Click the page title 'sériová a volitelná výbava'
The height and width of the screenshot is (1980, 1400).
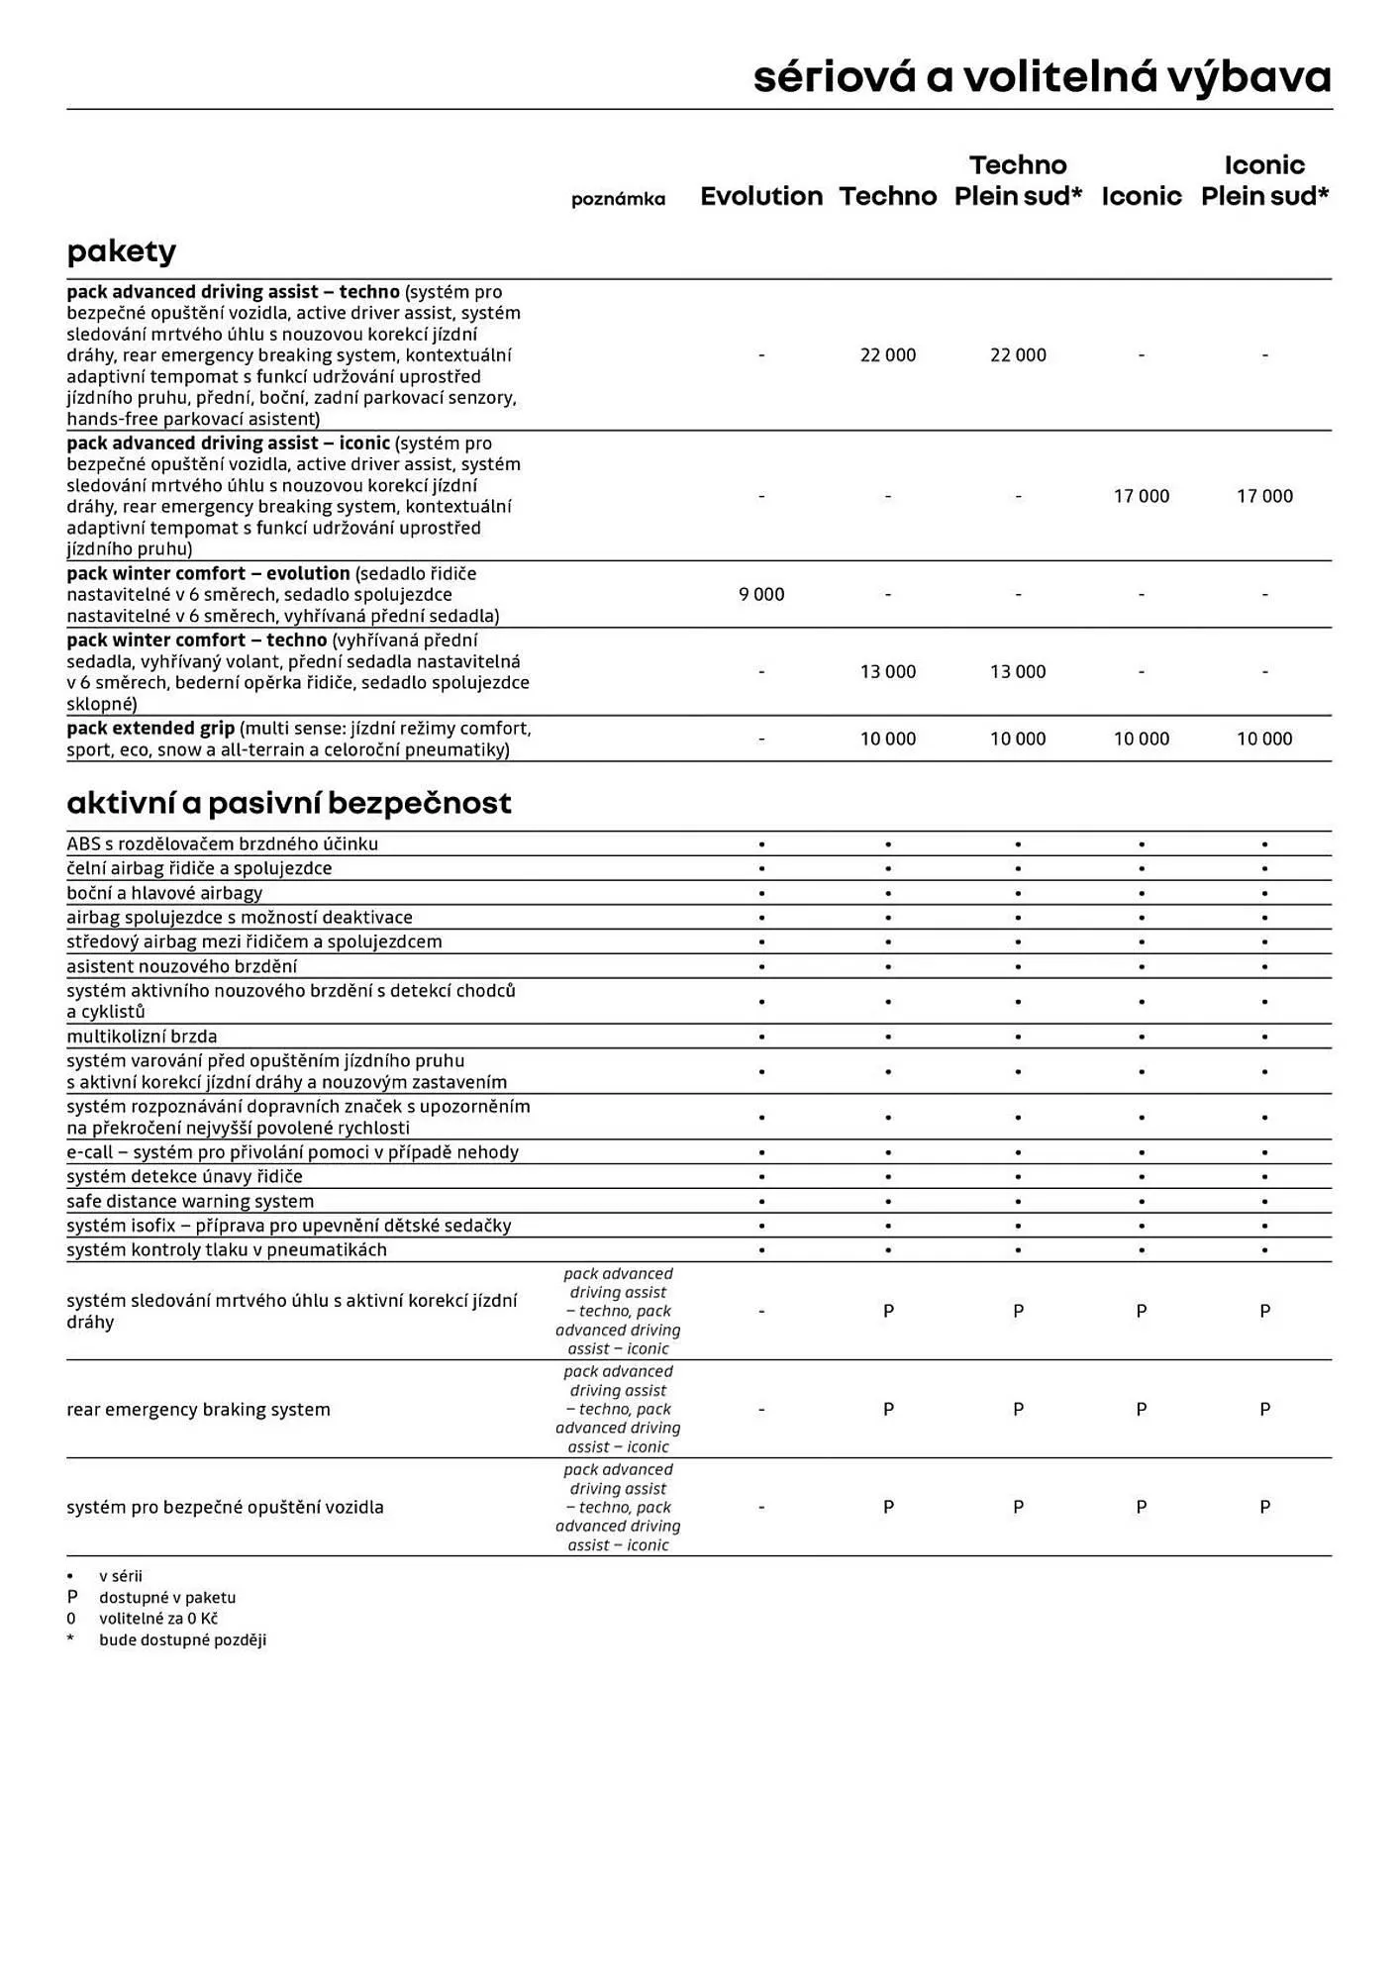pyautogui.click(x=1042, y=77)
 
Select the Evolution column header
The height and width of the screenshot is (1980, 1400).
pyautogui.click(x=761, y=196)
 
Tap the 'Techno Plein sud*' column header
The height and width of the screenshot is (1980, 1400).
pyautogui.click(x=1018, y=180)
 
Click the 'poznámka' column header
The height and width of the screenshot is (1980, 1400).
pyautogui.click(x=618, y=199)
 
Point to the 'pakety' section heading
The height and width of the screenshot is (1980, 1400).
pyautogui.click(x=121, y=251)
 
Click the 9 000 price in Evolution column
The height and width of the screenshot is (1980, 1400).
pyautogui.click(x=761, y=594)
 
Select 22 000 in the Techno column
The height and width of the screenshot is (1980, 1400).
pyautogui.click(x=888, y=354)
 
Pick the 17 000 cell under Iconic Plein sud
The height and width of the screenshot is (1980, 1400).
pyautogui.click(x=1264, y=496)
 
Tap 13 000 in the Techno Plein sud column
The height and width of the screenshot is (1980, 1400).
pyautogui.click(x=1018, y=671)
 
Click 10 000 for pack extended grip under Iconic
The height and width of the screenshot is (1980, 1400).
pyautogui.click(x=1141, y=739)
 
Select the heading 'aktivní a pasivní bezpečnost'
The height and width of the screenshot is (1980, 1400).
pyautogui.click(x=289, y=803)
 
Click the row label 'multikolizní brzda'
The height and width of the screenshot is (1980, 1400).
pyautogui.click(x=142, y=1037)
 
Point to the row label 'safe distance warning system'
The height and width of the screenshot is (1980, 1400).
pyautogui.click(x=190, y=1201)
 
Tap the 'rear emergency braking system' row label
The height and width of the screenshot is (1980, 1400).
pyautogui.click(x=198, y=1409)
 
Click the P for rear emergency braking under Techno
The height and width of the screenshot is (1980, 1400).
pyautogui.click(x=888, y=1409)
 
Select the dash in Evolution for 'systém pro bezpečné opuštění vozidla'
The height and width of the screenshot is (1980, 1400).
pyautogui.click(x=761, y=1507)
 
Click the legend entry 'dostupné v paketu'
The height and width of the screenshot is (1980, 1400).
pyautogui.click(x=167, y=1597)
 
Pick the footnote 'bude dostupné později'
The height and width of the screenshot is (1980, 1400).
pyautogui.click(x=182, y=1639)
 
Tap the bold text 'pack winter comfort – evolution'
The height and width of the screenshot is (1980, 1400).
pyautogui.click(x=208, y=573)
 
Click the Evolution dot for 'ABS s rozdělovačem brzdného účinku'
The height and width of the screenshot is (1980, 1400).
pyautogui.click(x=761, y=844)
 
